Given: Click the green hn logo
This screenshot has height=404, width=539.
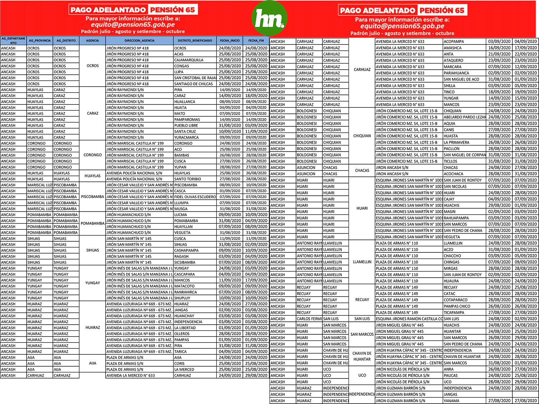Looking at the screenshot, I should point(269,18).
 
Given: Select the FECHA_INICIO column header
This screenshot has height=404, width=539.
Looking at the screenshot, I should point(230,41).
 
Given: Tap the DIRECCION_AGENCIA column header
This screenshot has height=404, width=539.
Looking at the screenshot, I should point(139,41).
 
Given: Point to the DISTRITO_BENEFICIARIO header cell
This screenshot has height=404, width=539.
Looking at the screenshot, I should point(195,41).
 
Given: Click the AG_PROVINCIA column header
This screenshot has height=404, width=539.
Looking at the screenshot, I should point(40,41).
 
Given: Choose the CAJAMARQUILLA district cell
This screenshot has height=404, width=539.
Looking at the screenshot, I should point(189,60).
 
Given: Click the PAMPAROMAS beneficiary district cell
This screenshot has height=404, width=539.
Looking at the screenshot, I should point(188,120).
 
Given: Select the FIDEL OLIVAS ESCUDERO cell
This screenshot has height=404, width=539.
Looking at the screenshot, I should point(195,197).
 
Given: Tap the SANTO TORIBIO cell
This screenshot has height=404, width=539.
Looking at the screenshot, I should point(188,179).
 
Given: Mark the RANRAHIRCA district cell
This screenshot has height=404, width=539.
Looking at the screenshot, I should point(186,292).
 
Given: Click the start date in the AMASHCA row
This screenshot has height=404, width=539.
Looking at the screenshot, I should point(499,48).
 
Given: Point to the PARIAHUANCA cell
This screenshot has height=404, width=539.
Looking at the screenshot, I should point(456,73).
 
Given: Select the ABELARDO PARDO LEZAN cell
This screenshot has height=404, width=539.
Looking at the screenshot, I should point(464,117).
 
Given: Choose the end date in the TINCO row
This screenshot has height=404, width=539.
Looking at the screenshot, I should point(525,92).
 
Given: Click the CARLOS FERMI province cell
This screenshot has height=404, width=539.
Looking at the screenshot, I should point(309,319).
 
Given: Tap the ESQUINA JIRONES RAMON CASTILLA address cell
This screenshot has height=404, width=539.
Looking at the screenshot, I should point(409,319).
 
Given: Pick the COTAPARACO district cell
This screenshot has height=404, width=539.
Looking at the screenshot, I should point(456,300).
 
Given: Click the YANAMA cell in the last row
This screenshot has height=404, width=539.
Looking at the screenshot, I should point(452,401).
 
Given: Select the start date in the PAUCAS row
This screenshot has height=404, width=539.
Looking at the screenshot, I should point(499,376).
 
